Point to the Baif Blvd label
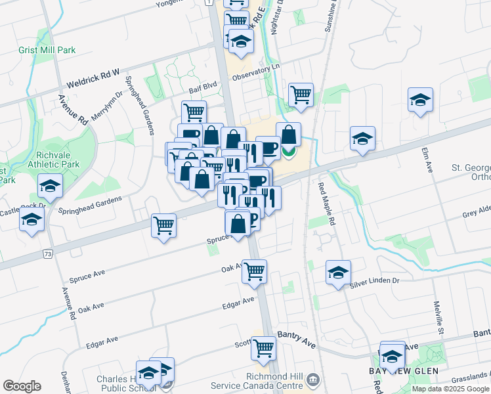(x=202, y=87)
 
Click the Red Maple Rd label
(x=326, y=204)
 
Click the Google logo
(x=22, y=386)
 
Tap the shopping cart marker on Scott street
(x=263, y=347)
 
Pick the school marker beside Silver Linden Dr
(x=338, y=271)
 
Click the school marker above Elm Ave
(x=420, y=100)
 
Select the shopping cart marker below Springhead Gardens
(x=163, y=225)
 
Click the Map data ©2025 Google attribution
(x=450, y=389)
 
